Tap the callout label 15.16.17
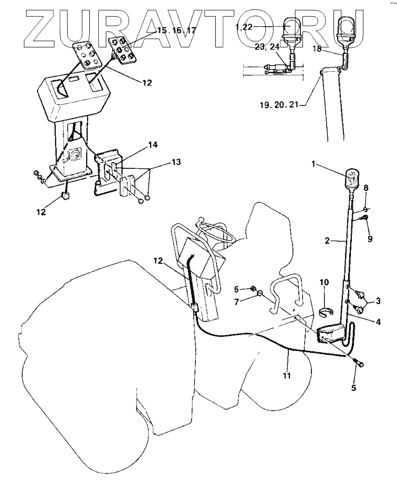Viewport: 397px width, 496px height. tap(176, 31)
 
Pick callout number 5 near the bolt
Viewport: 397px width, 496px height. tap(353, 388)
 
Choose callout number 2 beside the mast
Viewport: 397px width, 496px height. tap(327, 241)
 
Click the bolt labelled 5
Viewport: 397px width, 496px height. tap(360, 363)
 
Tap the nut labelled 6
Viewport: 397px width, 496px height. tap(253, 290)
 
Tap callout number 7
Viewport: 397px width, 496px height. tap(237, 302)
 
